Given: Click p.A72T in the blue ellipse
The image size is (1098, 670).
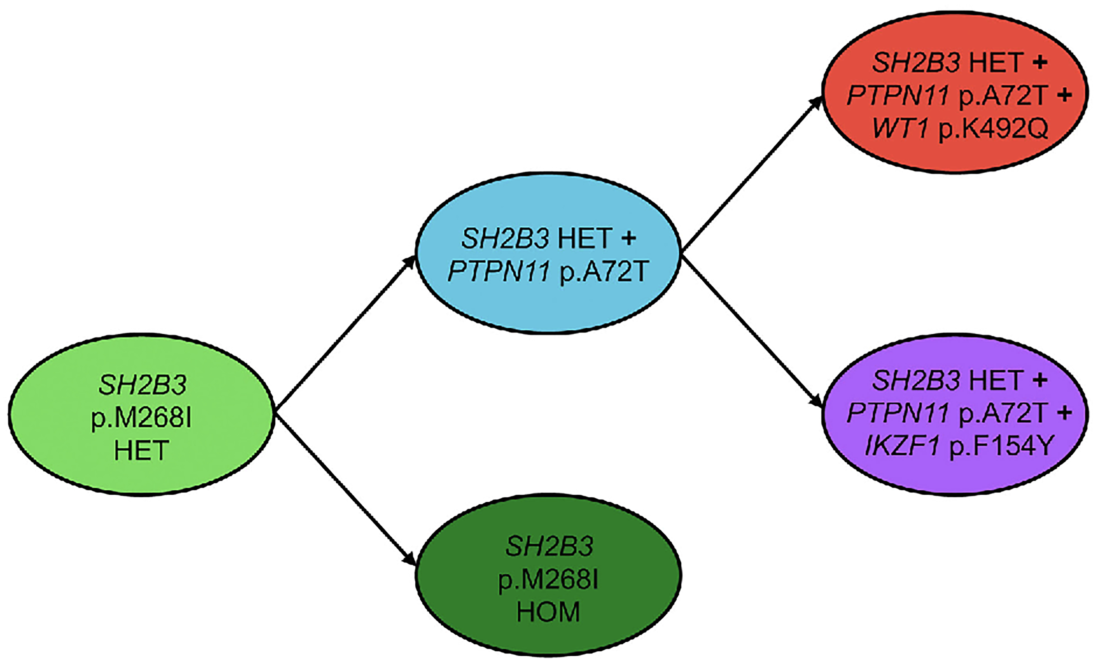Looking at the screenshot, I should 603,271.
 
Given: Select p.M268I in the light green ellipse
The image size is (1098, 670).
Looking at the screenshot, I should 141,418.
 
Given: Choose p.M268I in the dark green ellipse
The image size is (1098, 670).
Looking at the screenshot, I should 548,579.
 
